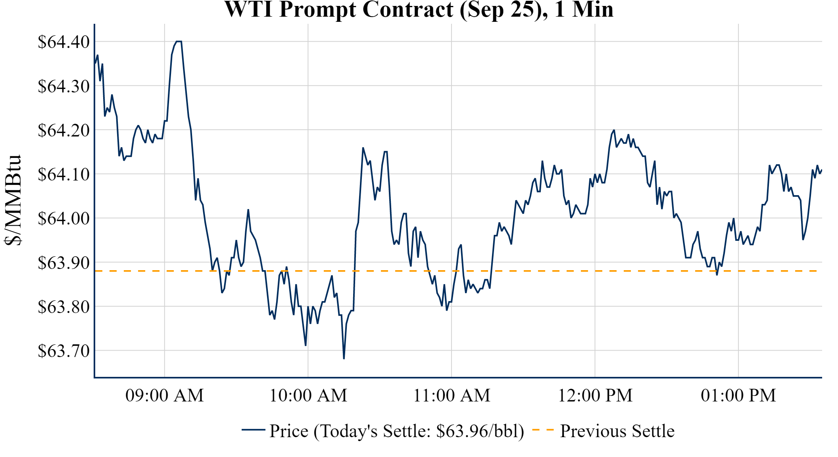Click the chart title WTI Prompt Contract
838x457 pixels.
tap(419, 10)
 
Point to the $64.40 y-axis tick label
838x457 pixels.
tap(63, 42)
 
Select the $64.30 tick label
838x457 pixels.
tap(63, 86)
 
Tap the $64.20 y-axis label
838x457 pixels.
tap(63, 130)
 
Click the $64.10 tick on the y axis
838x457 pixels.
tap(63, 174)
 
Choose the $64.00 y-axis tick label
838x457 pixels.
tap(63, 218)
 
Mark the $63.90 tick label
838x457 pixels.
tap(63, 263)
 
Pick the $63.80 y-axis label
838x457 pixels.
tap(63, 307)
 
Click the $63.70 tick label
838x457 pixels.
tap(63, 351)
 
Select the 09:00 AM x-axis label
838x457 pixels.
tap(165, 396)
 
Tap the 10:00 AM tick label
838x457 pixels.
tap(308, 396)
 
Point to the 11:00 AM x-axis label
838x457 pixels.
tap(452, 396)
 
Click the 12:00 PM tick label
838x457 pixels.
tap(595, 396)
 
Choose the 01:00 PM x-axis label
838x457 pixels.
tap(738, 396)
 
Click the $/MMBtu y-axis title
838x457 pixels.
tap(13, 200)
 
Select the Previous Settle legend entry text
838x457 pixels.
tap(617, 431)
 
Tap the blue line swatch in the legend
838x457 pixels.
tap(253, 430)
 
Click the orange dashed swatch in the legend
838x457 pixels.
tap(542, 430)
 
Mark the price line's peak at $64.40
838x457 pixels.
tap(179, 41)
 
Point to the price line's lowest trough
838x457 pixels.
tap(344, 359)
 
